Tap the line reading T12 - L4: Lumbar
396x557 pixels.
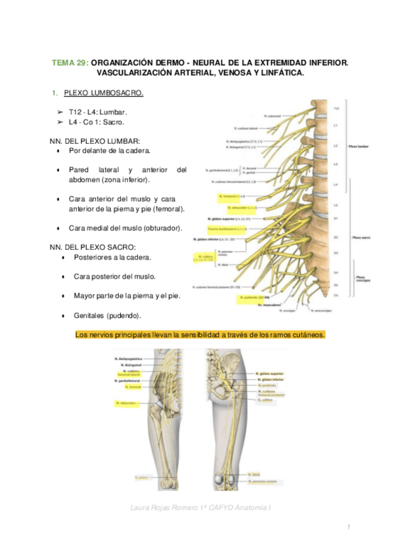[98, 113]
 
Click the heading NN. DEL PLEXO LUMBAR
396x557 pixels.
[95, 141]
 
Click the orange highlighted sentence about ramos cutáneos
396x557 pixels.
[200, 335]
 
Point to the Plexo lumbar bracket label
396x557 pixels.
[359, 147]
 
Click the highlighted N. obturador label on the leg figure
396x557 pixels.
[126, 403]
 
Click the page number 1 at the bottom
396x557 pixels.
[349, 527]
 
